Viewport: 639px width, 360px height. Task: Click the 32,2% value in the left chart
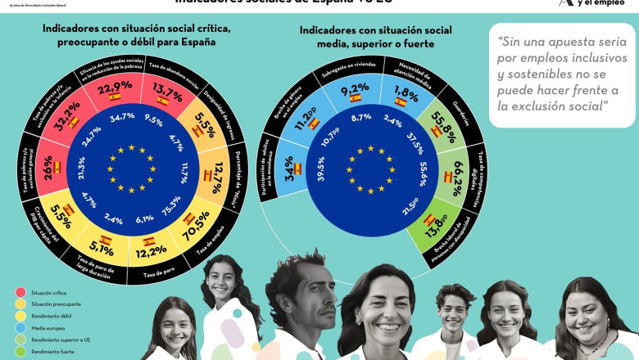[69, 117]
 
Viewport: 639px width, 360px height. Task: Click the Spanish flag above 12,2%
[149, 242]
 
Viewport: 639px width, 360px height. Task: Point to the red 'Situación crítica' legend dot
[20, 292]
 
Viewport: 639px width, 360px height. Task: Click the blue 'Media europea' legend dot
[20, 326]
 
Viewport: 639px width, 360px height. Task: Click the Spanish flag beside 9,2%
[356, 98]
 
